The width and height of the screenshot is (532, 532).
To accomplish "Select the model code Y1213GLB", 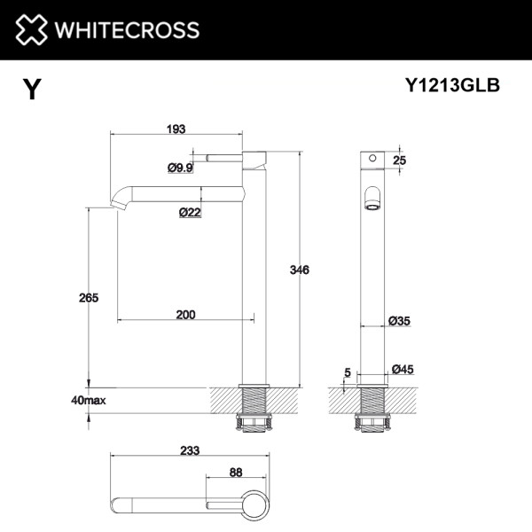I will tap(452, 85).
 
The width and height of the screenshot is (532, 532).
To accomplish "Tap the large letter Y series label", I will tap(32, 89).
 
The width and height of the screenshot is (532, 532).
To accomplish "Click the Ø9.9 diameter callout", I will tap(180, 167).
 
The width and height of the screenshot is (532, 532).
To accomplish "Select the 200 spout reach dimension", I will tap(186, 315).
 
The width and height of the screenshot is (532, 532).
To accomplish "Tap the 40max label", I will tap(90, 401).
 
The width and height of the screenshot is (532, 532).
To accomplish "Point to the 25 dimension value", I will tap(398, 160).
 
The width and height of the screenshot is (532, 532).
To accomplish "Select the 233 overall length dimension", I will tap(189, 450).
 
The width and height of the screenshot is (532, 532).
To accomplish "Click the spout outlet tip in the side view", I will tap(116, 207).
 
